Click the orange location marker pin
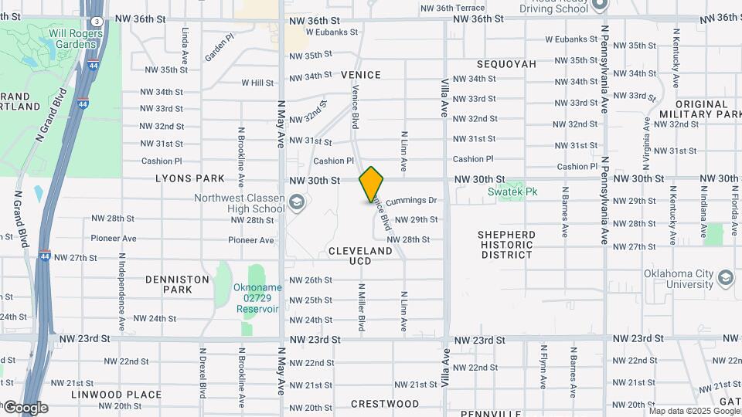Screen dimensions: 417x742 [x=372, y=185]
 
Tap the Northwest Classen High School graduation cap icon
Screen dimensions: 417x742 [x=296, y=203]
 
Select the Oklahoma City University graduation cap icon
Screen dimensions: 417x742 [x=726, y=277]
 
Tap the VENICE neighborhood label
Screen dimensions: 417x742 [x=361, y=75]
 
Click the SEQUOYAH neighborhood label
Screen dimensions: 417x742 [x=506, y=64]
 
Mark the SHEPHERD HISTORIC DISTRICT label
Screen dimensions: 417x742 [x=505, y=244]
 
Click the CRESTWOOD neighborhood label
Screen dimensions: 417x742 [x=385, y=404]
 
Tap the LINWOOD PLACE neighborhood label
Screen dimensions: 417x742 [x=105, y=395]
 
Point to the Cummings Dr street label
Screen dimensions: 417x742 [x=411, y=201]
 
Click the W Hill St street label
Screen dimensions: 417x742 [x=257, y=83]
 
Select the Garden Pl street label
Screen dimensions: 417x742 [x=220, y=47]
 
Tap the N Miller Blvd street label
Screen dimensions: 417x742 [x=361, y=307]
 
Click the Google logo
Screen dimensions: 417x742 [x=26, y=408]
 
